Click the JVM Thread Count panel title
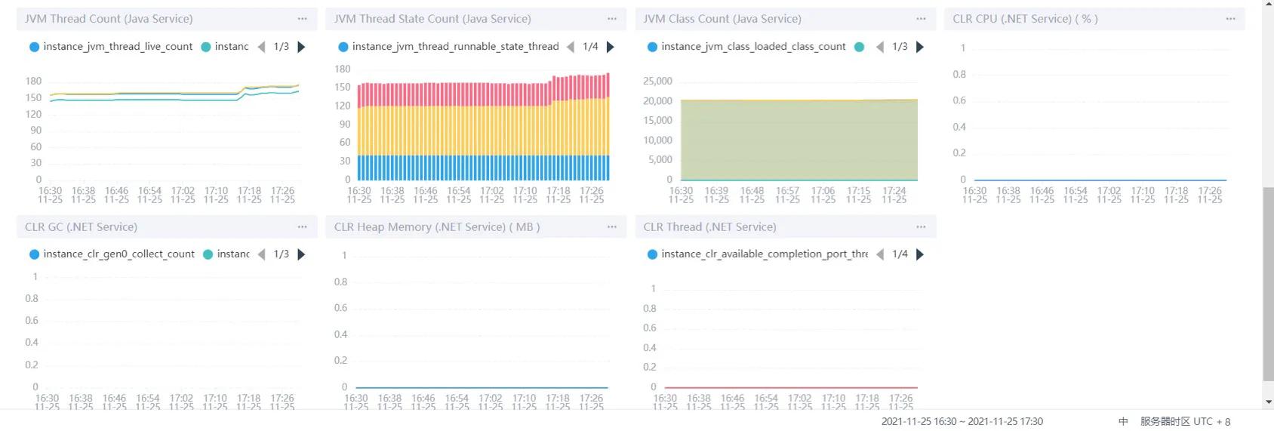109,19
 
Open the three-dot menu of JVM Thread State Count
611,19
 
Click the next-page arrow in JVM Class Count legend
920,47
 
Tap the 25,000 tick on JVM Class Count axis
657,81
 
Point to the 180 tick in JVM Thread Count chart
33,81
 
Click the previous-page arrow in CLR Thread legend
879,254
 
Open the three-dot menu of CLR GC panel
302,226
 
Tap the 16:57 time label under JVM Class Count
787,191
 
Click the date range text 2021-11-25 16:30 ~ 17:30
962,421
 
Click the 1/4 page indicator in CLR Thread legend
900,254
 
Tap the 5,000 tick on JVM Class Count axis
660,159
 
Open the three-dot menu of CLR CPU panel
1230,19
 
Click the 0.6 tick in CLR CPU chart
959,100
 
